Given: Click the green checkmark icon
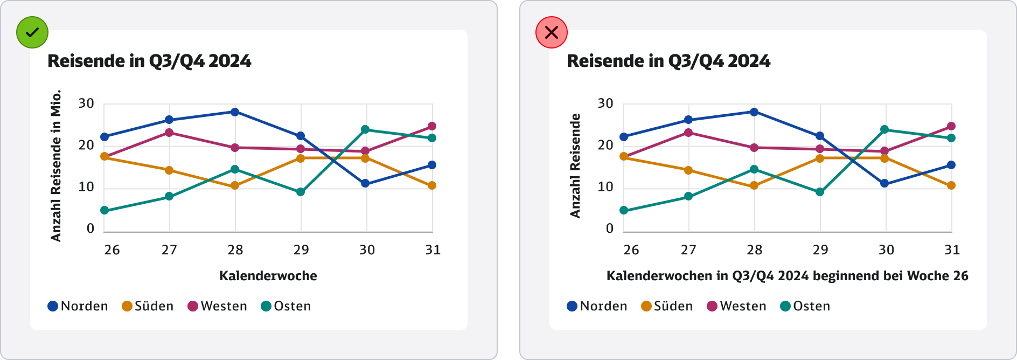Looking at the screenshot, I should [x=32, y=32].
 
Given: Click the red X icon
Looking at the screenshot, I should [x=552, y=32].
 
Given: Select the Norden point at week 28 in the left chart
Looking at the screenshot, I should [x=235, y=112].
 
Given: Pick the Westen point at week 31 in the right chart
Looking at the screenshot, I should [x=951, y=126].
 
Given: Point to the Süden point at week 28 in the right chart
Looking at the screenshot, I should [x=754, y=185].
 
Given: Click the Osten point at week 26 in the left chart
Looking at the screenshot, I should [x=105, y=210].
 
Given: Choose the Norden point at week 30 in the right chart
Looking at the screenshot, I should [x=884, y=183].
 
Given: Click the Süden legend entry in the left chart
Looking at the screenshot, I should [x=148, y=306].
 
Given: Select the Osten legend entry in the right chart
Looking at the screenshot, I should [x=805, y=306].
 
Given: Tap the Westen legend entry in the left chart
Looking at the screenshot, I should [x=217, y=306].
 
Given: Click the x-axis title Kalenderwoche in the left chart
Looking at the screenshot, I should [x=268, y=276].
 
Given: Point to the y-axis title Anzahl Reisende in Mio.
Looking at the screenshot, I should [x=56, y=165].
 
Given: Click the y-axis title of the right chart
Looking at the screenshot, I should [x=575, y=165].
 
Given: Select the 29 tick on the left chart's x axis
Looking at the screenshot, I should [x=301, y=250].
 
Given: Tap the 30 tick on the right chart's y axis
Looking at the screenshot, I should [x=605, y=103].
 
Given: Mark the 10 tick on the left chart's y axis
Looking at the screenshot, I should [x=86, y=187].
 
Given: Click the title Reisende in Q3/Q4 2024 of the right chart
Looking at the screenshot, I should [x=668, y=61].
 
